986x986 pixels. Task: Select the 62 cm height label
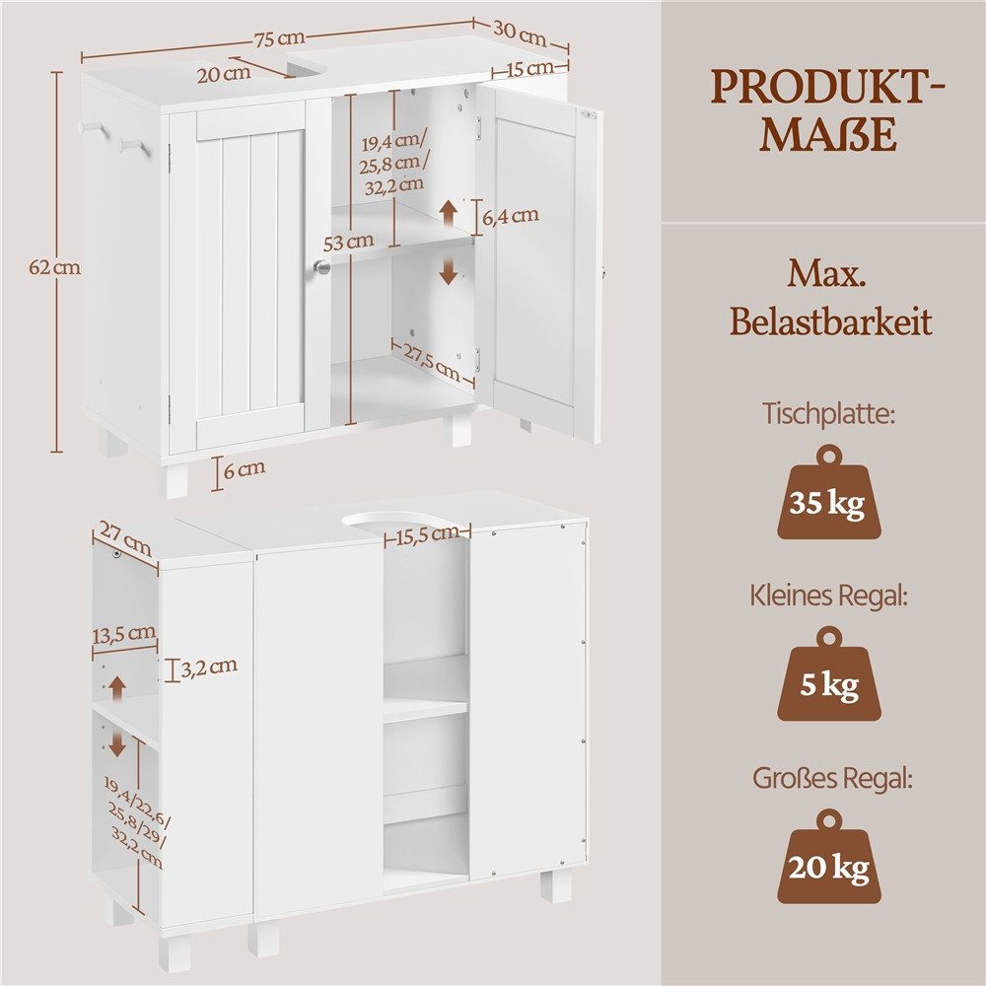coord(54,267)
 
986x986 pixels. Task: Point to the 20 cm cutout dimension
coord(224,74)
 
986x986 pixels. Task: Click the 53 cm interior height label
coord(348,241)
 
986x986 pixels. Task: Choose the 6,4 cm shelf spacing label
coord(511,216)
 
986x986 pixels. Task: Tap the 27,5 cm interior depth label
coord(432,361)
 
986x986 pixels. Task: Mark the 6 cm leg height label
coord(244,469)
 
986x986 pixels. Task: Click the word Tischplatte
coord(829,414)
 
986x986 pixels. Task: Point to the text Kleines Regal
coord(829,595)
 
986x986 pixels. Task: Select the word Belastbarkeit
coord(830,322)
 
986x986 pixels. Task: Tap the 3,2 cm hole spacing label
coord(209,668)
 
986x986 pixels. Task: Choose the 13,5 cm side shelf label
coord(124,634)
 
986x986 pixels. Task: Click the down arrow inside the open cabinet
coord(449,271)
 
